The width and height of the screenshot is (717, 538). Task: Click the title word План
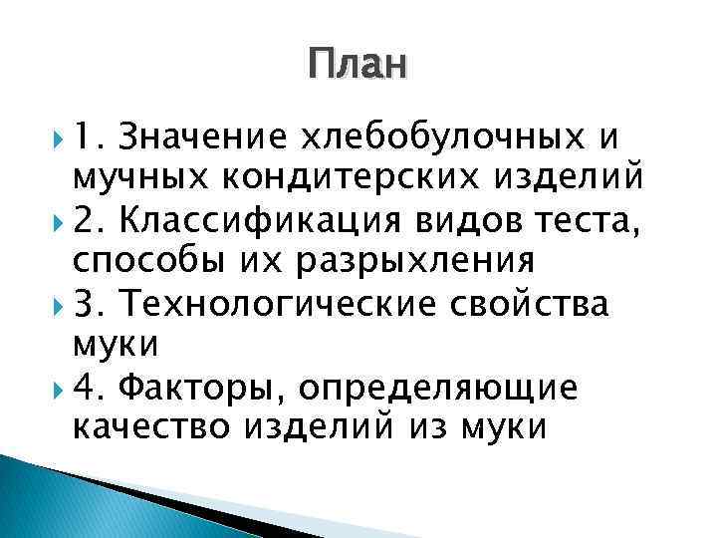358,65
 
